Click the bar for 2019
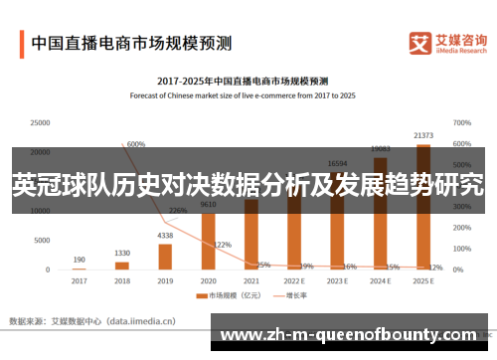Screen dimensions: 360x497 [165, 256]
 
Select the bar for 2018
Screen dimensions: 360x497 [122, 265]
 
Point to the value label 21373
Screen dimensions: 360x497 [422, 135]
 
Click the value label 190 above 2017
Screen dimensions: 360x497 [80, 261]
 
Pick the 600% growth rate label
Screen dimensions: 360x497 [136, 144]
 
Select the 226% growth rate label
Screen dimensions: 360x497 [178, 211]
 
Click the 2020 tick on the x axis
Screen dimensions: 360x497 [208, 281]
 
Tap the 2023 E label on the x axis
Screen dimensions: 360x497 [337, 281]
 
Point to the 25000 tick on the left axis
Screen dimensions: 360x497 [40, 122]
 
